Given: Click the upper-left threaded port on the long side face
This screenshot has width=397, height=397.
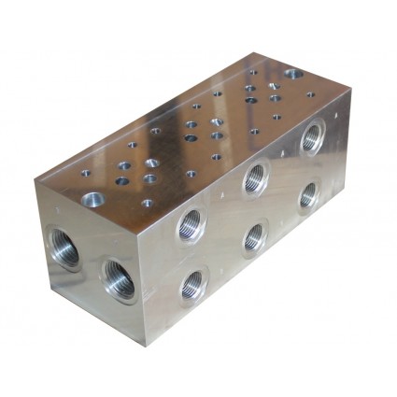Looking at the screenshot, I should [x=191, y=224].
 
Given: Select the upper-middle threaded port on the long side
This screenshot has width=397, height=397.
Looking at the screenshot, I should [x=255, y=178].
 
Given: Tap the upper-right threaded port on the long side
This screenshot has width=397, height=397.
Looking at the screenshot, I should [x=311, y=137].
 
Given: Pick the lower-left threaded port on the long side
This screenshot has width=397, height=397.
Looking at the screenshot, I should [x=193, y=284].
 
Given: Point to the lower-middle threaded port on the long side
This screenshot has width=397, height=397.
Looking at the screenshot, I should [x=254, y=237].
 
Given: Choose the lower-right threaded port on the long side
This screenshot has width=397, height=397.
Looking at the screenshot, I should [x=307, y=195].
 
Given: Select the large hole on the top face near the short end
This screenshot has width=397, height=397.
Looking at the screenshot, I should [x=93, y=198].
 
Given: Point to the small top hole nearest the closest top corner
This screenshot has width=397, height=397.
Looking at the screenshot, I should [x=147, y=203].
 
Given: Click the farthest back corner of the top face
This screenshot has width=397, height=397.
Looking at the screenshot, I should [x=253, y=51].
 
